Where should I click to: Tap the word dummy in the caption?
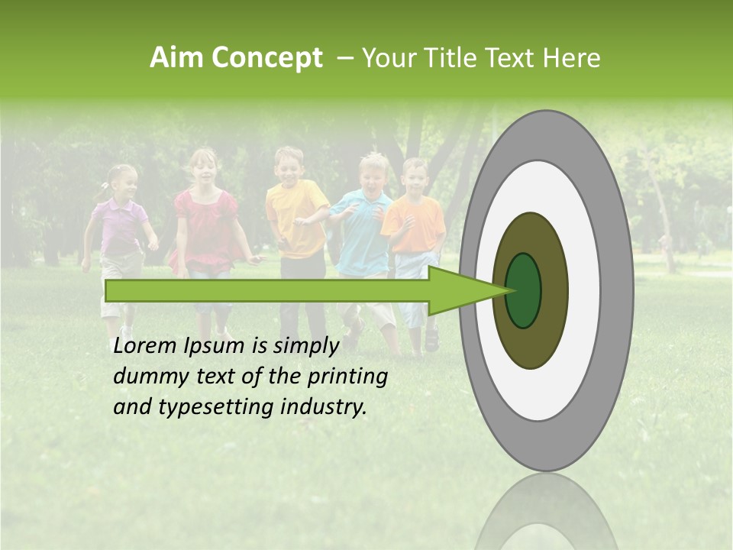pos(147,377)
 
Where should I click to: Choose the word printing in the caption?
pos(347,377)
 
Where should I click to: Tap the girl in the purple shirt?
pos(120,229)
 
